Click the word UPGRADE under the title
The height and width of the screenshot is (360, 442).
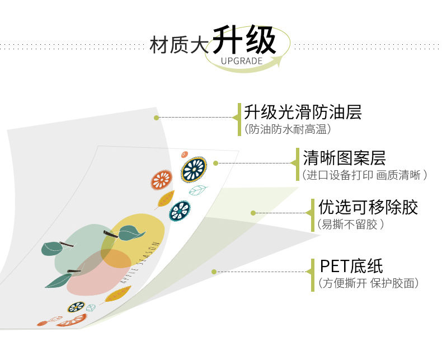click(x=241, y=60)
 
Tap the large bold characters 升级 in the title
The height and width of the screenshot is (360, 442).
click(x=244, y=40)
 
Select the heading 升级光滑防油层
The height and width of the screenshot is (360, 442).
click(x=303, y=112)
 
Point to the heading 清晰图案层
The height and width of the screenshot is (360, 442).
click(x=344, y=158)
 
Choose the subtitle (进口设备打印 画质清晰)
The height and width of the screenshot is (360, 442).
click(x=364, y=175)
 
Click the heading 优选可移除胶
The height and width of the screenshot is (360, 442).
click(x=368, y=208)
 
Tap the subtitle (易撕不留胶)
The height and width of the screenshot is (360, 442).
click(x=350, y=225)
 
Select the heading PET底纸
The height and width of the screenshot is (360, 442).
click(x=351, y=266)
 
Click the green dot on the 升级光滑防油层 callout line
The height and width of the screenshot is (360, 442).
click(x=157, y=118)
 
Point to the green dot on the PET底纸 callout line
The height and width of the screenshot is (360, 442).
click(x=214, y=272)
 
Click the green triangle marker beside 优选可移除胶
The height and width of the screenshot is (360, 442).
click(x=308, y=213)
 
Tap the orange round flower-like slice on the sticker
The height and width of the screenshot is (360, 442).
click(x=161, y=179)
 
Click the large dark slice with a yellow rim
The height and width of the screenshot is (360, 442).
click(x=194, y=169)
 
